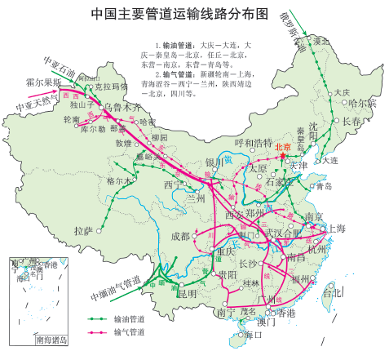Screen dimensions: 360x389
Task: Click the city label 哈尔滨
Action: click(363, 103)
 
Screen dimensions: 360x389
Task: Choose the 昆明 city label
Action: click(187, 293)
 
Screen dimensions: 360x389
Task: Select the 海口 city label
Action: click(242, 334)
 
